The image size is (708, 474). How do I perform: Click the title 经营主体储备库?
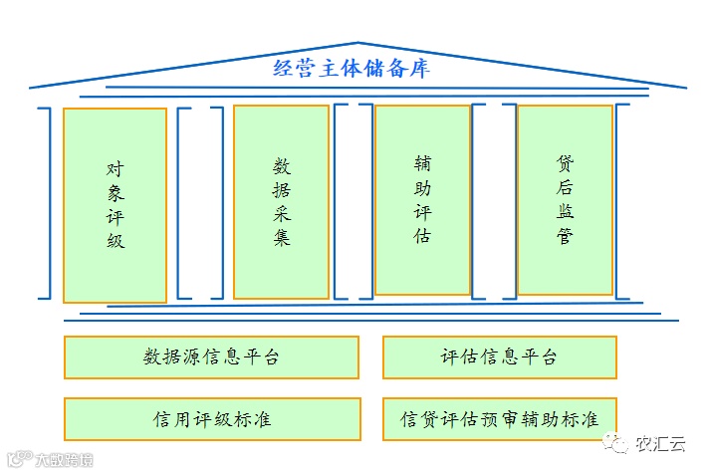click(352, 71)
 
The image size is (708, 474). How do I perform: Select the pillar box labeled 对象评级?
click(115, 204)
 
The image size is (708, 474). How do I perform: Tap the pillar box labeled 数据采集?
click(281, 201)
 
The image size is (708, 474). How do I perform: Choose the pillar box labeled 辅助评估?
click(422, 199)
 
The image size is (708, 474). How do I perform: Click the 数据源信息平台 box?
click(211, 357)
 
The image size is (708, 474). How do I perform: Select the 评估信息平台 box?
click(499, 357)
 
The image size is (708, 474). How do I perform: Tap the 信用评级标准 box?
click(211, 419)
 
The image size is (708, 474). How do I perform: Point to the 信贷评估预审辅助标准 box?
click(499, 419)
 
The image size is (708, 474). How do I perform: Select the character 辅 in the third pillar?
click(423, 161)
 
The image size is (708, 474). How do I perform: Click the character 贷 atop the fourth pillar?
click(566, 161)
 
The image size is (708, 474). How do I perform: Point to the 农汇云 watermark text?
click(661, 444)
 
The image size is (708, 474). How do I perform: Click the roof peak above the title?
click(357, 43)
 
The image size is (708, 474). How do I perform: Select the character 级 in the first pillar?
click(116, 240)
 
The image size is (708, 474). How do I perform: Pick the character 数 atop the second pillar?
click(282, 164)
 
